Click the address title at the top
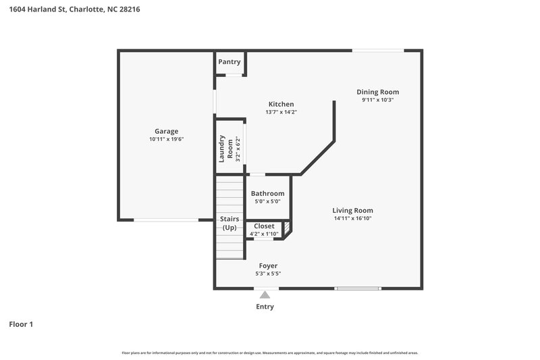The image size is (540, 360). coord(75,9)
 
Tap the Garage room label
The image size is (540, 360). coord(166,131)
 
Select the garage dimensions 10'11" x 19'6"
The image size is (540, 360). coord(166,139)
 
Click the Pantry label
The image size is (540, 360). coord(229,62)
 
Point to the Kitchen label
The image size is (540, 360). coord(280,104)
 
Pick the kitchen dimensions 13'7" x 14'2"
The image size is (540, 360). coord(280,112)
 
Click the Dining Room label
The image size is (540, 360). coord(377,92)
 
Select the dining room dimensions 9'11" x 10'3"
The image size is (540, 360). coord(377,100)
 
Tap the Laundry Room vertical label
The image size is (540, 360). coord(221,149)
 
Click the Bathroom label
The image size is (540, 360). coord(267,193)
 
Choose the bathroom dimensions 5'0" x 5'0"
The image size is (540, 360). coord(267,201)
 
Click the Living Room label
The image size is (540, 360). coord(352,210)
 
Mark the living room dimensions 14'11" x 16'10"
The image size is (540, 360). coord(352,218)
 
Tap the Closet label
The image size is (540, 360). coord(264,226)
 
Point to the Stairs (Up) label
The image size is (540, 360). coord(229,224)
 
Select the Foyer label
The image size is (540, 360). coord(268,265)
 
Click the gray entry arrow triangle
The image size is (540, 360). coord(265,294)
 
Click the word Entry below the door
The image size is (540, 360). coord(265,307)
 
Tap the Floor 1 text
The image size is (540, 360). coord(21,324)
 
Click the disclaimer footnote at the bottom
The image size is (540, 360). coord(269,353)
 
